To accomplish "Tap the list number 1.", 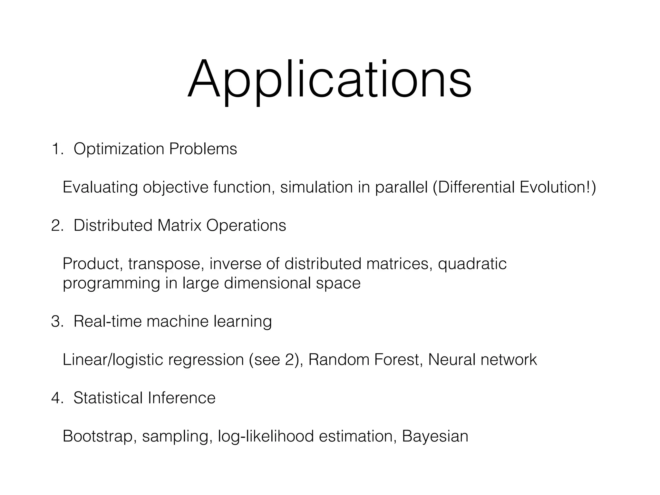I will click(x=57, y=149).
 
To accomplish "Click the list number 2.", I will click(x=57, y=226).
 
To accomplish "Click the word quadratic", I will click(x=472, y=264).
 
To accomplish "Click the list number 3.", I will click(x=57, y=322).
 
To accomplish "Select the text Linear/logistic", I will click(x=112, y=360).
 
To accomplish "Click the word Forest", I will click(x=398, y=360).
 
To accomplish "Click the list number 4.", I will click(x=57, y=398).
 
